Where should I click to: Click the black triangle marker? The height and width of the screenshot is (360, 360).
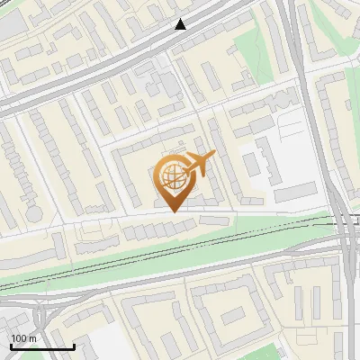(x=181, y=24)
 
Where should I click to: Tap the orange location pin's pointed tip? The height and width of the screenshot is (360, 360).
(x=171, y=211)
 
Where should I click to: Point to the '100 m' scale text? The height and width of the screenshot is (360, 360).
(x=23, y=338)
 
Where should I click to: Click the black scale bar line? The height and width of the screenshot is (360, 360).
(x=42, y=346)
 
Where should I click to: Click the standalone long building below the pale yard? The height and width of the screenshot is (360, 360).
(x=296, y=192)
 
